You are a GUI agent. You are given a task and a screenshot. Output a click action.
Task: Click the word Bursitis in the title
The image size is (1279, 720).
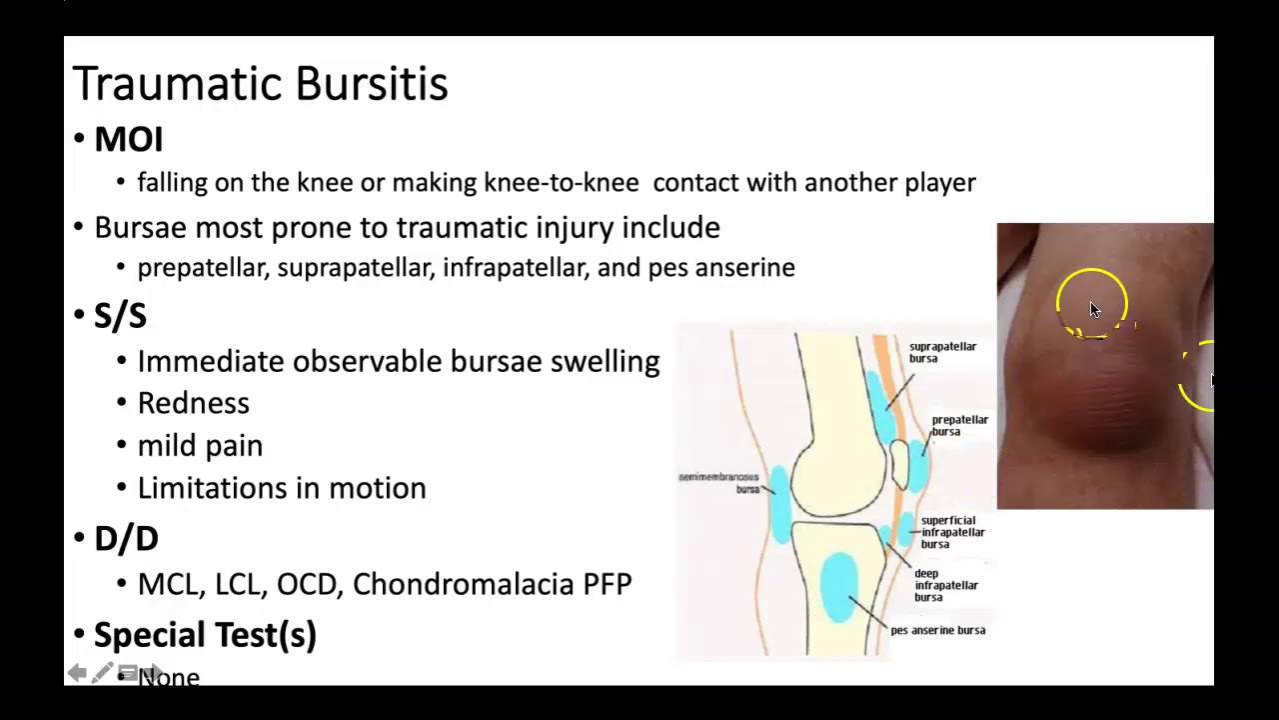(371, 84)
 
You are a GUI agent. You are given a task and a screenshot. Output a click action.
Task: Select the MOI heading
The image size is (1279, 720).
(128, 140)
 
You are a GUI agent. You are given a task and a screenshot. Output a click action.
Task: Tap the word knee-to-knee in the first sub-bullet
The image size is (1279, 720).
(561, 183)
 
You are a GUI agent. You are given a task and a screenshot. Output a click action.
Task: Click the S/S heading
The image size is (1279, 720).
(120, 316)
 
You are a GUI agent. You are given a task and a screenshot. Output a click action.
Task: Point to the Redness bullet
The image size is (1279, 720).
(193, 403)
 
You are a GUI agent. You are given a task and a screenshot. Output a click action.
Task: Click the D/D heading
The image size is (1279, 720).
(126, 539)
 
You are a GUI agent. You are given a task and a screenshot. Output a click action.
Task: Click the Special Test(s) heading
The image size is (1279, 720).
(205, 635)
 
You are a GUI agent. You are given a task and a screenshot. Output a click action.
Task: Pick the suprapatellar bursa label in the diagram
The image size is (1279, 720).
(941, 352)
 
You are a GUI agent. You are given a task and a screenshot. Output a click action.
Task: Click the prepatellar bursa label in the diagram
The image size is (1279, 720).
(958, 425)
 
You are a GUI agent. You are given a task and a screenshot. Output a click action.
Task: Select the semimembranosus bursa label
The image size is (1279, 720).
(719, 483)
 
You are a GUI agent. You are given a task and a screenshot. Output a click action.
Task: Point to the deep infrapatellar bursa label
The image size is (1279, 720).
(945, 585)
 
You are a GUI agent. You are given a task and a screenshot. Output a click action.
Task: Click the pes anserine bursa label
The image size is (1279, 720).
(937, 630)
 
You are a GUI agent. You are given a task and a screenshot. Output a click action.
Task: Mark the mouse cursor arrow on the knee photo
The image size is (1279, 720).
(1094, 310)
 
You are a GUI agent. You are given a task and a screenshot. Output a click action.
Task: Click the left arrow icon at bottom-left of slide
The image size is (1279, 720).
(77, 673)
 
